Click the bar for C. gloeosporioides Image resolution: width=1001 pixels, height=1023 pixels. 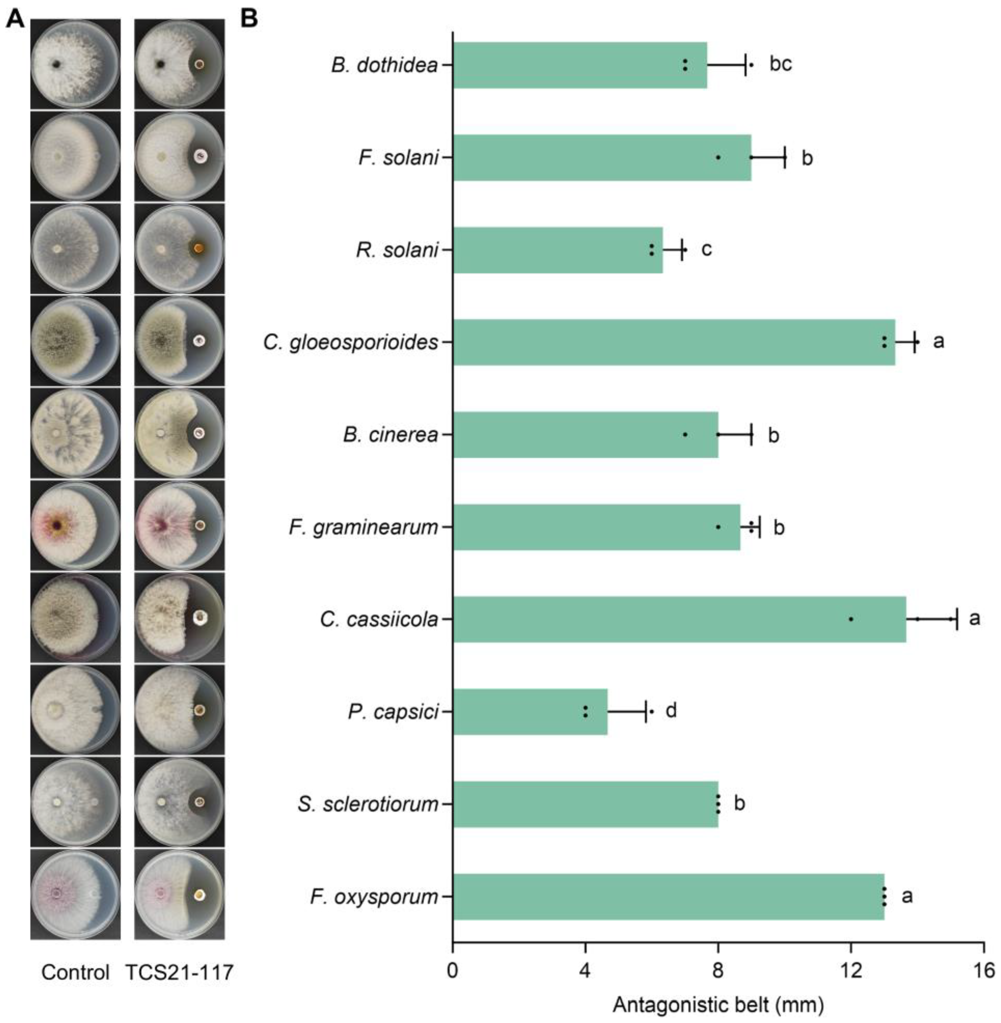(x=673, y=342)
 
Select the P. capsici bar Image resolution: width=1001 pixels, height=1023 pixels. (x=530, y=712)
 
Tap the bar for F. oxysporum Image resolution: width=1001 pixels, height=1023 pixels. (x=668, y=897)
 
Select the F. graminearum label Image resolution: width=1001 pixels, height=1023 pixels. (x=363, y=527)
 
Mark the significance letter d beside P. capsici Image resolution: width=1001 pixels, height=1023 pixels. (x=671, y=711)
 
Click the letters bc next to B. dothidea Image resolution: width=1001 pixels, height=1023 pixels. (x=780, y=64)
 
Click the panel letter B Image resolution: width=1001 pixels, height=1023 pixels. (x=249, y=19)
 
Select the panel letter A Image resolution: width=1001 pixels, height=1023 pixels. (x=16, y=19)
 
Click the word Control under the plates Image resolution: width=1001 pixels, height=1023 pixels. (x=75, y=973)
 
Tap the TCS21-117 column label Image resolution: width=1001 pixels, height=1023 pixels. (x=179, y=973)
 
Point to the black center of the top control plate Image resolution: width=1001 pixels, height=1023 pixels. (x=56, y=65)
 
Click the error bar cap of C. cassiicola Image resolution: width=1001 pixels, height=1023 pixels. (x=957, y=619)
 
